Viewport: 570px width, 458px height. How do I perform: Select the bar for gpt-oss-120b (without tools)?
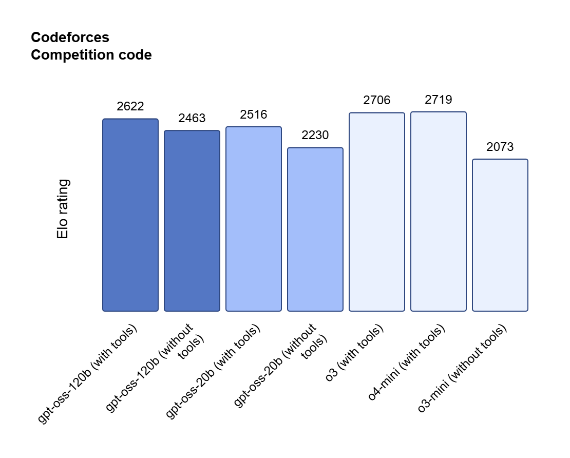point(192,221)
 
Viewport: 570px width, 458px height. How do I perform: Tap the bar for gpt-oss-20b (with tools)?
point(254,219)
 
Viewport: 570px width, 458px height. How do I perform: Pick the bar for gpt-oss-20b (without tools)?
point(315,229)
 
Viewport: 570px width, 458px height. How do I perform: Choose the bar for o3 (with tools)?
point(377,212)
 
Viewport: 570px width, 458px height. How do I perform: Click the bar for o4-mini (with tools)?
point(439,211)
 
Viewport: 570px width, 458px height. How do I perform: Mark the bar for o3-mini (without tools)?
point(500,235)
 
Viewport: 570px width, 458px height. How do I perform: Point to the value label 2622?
point(130,107)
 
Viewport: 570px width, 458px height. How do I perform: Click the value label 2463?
point(192,119)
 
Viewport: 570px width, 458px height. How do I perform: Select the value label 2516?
point(254,115)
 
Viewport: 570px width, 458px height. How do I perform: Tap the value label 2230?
point(315,136)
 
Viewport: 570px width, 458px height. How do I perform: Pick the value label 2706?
point(377,101)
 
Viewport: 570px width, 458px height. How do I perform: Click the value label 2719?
point(439,100)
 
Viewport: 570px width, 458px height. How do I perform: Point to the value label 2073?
point(500,147)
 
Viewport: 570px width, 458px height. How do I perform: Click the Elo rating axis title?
point(63,209)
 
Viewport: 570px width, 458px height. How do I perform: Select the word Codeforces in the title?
point(70,37)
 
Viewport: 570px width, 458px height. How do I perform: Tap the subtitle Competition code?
point(91,55)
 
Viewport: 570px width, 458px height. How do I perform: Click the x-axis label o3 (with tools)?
point(355,353)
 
